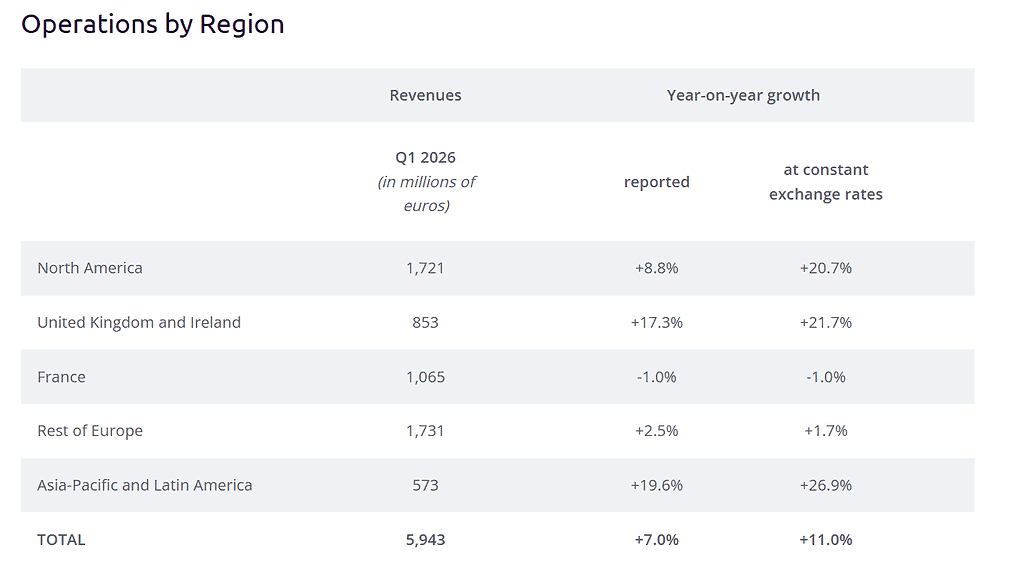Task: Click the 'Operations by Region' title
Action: coord(152,24)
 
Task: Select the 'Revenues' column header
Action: coord(425,96)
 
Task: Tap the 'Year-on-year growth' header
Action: coord(743,96)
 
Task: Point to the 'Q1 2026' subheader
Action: coord(425,158)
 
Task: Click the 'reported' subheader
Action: coord(656,182)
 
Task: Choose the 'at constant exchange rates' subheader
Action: coord(825,182)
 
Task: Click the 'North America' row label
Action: coord(90,268)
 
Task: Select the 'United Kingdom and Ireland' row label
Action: coord(139,322)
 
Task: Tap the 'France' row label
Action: coord(61,377)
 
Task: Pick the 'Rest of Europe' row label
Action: coord(90,431)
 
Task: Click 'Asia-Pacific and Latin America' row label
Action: coord(145,485)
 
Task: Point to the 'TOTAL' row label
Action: coord(61,540)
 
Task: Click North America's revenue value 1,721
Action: coord(425,268)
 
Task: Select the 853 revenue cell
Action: coord(425,322)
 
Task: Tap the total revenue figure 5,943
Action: coord(425,540)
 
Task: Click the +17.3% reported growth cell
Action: coord(656,322)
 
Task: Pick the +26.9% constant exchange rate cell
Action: coord(825,485)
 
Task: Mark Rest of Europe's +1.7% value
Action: coord(825,431)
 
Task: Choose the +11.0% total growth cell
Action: coord(825,540)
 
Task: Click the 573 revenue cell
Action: coord(425,485)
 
